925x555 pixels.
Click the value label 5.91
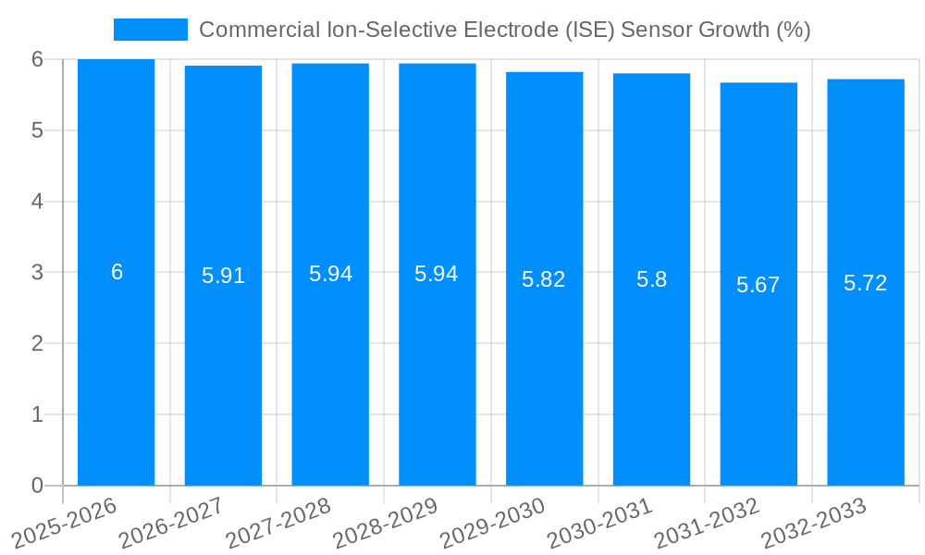[223, 276]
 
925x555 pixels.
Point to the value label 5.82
[544, 280]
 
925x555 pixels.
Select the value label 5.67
[758, 285]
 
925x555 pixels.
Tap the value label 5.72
[866, 283]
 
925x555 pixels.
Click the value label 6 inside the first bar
[117, 272]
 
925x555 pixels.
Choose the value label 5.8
[651, 279]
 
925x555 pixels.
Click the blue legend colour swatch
[150, 30]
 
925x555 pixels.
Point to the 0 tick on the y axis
[37, 486]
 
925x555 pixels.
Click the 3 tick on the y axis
[37, 273]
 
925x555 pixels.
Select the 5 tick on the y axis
[37, 130]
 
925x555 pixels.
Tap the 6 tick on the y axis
[37, 59]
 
